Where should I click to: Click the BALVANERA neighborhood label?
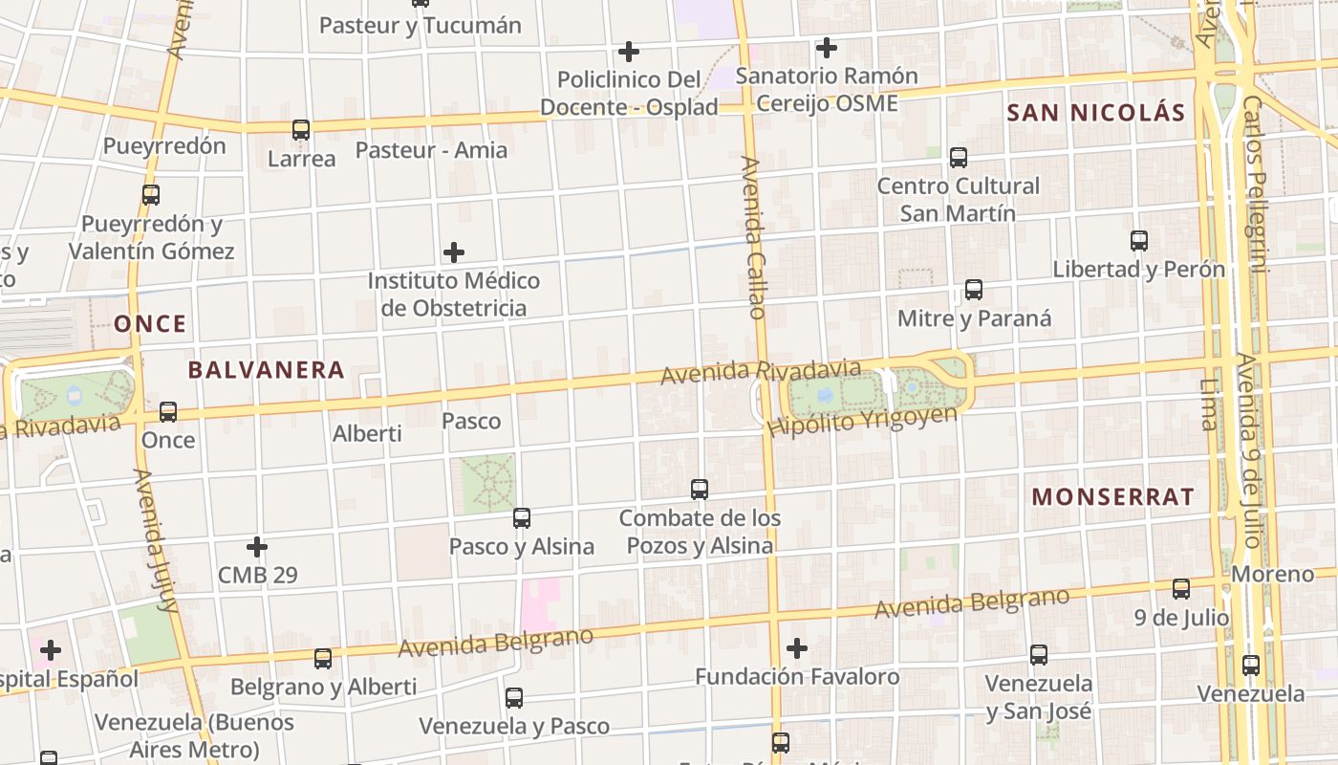click(266, 370)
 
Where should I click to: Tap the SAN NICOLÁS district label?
click(1095, 113)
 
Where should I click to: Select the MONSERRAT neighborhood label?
click(1113, 497)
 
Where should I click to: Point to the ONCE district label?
click(150, 324)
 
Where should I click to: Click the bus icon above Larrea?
click(301, 130)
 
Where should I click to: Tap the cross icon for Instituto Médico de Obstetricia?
click(454, 252)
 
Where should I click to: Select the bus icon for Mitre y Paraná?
click(974, 289)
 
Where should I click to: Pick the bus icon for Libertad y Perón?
click(1138, 240)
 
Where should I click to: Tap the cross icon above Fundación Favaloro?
click(796, 648)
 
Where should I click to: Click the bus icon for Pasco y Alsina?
click(522, 518)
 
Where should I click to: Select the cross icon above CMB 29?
click(257, 547)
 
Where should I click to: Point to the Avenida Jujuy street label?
click(156, 540)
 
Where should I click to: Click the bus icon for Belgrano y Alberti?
click(323, 658)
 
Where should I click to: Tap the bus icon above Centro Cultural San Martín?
click(959, 157)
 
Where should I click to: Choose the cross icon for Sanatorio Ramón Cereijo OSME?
click(827, 47)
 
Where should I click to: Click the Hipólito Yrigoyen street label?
click(862, 421)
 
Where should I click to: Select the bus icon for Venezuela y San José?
click(1039, 655)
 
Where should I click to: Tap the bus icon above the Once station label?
click(168, 412)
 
